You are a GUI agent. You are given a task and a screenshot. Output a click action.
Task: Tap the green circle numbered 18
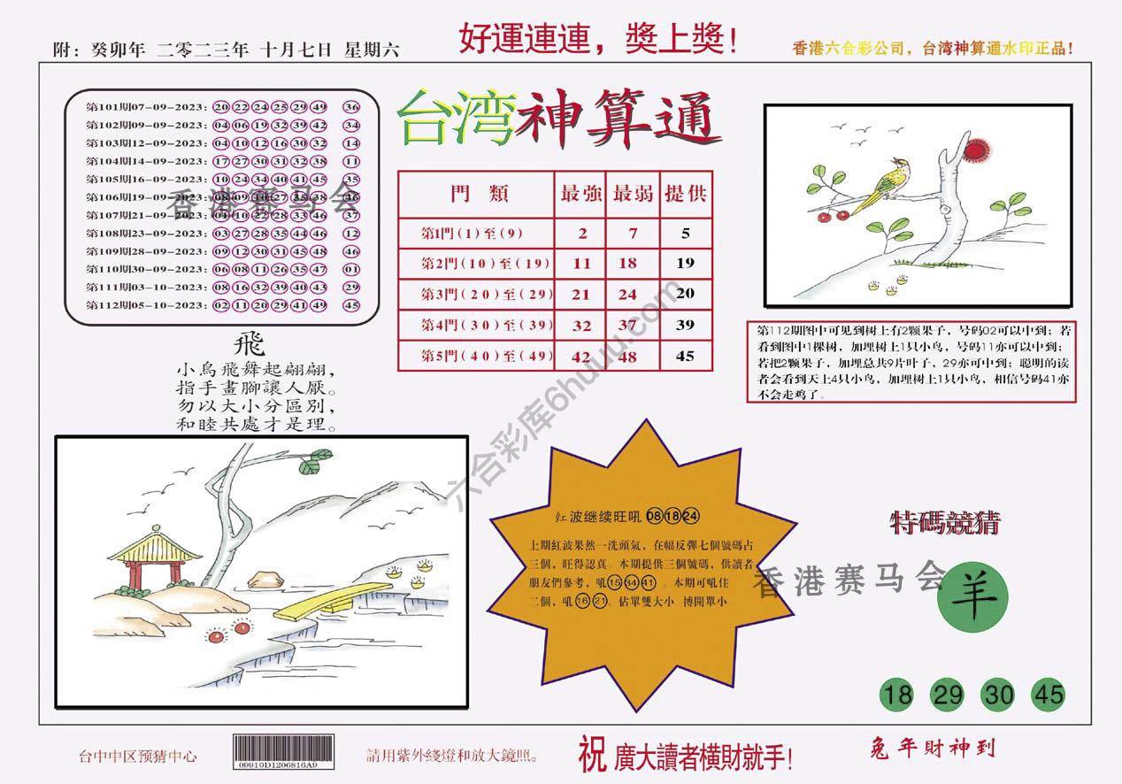pos(897,696)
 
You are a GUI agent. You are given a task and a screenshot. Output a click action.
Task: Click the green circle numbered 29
pos(948,696)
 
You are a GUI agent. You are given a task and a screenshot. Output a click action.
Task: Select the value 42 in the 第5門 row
pos(581,357)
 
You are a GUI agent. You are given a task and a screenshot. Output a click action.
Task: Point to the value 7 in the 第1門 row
pos(632,234)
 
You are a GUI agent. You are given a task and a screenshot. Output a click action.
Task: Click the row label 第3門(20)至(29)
pos(476,295)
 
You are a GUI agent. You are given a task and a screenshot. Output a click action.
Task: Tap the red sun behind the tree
pos(975,150)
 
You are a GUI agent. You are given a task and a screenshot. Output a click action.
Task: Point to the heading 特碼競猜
pos(944,524)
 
